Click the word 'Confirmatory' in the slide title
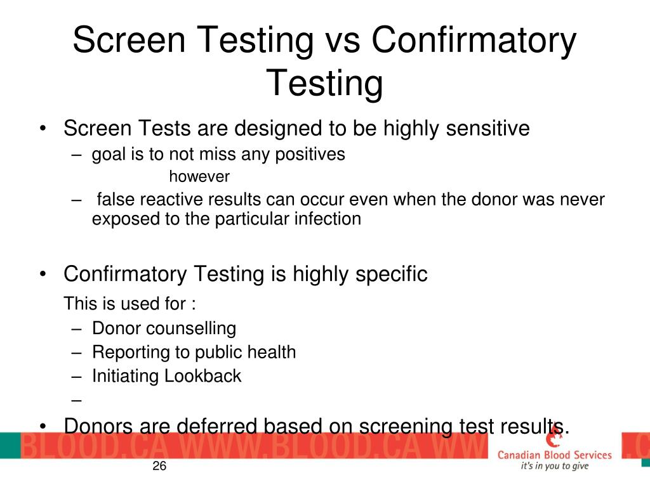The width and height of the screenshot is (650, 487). point(474,41)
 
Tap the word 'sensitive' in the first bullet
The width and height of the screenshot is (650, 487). point(487,129)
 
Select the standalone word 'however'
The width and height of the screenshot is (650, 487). point(199,176)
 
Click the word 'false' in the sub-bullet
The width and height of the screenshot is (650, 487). point(116,200)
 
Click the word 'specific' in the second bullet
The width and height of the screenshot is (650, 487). point(391,275)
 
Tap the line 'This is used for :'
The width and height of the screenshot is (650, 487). point(129,304)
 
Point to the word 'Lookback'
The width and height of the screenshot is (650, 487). point(203,376)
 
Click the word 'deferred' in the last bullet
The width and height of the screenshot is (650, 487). point(220,426)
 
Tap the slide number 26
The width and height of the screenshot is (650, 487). point(159,467)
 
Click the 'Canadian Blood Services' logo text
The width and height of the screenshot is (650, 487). point(554,455)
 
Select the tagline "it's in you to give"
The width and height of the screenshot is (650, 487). point(554,466)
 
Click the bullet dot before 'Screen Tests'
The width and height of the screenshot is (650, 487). point(42,129)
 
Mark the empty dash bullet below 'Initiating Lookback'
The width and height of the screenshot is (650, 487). point(77,400)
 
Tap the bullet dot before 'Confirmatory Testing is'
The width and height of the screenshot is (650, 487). point(42,275)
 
